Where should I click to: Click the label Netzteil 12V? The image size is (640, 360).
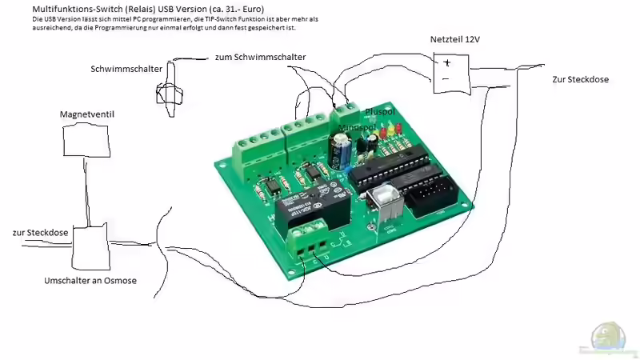tap(456, 40)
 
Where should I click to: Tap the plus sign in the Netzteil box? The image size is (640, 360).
tap(448, 62)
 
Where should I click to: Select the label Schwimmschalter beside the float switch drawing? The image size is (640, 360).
tap(126, 69)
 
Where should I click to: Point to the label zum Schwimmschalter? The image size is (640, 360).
tap(260, 57)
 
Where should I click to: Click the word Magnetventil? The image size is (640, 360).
tap(87, 114)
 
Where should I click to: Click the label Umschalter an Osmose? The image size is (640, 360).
tap(90, 281)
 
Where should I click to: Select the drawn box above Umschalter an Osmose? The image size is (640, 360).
tap(90, 247)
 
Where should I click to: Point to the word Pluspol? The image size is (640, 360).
tap(380, 111)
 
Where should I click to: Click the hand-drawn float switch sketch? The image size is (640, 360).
tap(170, 86)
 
